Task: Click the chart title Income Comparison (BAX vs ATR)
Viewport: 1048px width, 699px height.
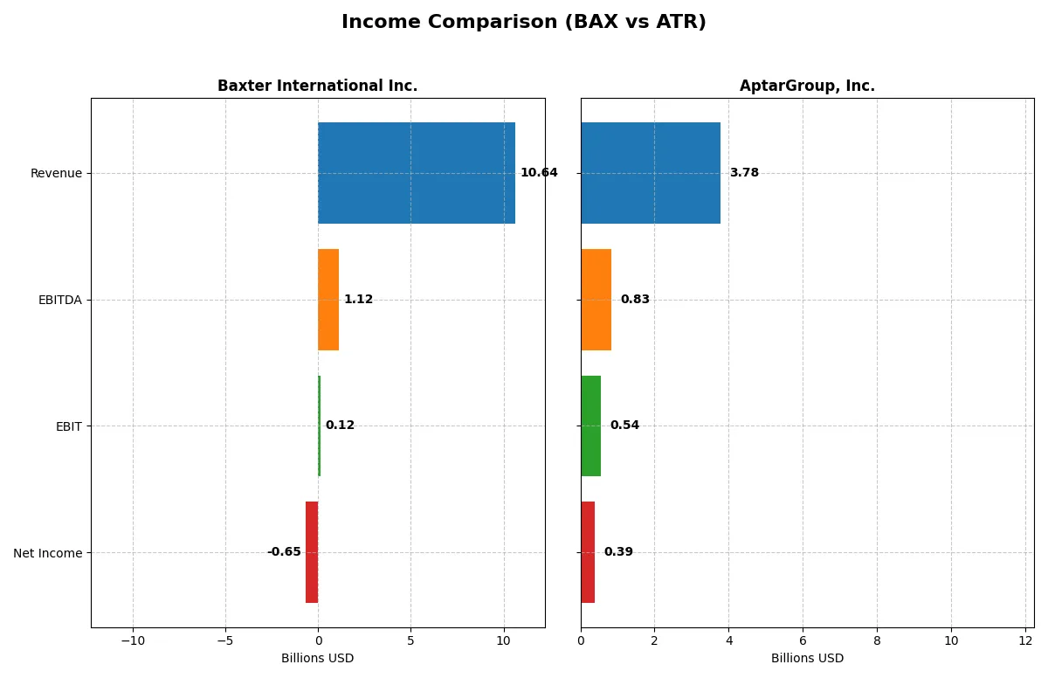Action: point(523,23)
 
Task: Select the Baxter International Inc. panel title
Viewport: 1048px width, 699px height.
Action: point(317,86)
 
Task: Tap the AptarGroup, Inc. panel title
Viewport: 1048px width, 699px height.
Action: point(807,86)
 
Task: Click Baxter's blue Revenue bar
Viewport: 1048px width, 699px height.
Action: point(416,173)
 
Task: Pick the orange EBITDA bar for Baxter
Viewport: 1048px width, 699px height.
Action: point(328,300)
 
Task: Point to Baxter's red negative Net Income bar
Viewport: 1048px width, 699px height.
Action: point(312,552)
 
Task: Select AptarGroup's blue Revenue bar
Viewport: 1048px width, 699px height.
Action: point(651,173)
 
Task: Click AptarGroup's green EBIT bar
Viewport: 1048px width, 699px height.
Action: point(591,426)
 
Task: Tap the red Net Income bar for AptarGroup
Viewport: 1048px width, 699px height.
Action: point(588,552)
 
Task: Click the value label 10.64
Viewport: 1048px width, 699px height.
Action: point(539,173)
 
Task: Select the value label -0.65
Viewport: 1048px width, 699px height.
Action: point(284,552)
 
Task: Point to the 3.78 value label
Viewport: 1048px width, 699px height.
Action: point(744,173)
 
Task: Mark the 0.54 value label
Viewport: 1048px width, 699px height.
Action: point(624,426)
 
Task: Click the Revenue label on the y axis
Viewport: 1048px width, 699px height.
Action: point(56,173)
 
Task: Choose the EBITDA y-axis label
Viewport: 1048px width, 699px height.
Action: point(59,300)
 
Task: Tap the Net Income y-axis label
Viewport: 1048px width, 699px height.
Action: point(48,552)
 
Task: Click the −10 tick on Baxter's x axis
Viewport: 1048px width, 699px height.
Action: point(133,641)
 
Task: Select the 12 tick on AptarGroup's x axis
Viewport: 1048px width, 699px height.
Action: point(1025,641)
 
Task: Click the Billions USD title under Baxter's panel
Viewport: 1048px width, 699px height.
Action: point(317,658)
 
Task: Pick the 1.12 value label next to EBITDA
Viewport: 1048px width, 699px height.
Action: point(358,300)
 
